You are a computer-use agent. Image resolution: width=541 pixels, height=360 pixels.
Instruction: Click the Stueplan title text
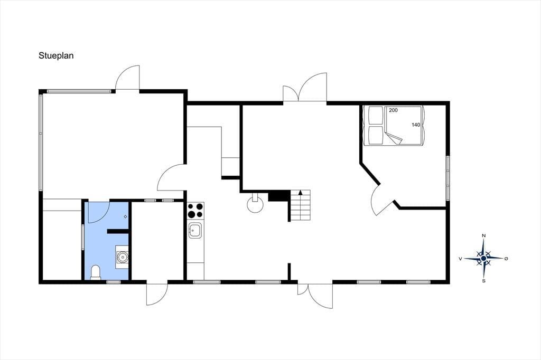coord(56,56)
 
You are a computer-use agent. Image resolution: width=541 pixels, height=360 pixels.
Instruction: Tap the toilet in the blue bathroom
coord(96,272)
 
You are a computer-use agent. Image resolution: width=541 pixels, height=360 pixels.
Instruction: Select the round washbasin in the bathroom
coord(123,257)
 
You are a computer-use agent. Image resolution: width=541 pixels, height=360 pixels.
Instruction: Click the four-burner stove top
coord(195,210)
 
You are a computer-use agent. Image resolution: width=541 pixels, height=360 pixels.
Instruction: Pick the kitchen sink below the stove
coord(195,230)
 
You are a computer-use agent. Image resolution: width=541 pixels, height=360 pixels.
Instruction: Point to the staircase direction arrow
coord(301,193)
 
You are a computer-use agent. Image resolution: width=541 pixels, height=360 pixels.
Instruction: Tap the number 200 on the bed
coord(393,110)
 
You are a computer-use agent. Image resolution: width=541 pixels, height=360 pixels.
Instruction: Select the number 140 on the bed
coord(416,125)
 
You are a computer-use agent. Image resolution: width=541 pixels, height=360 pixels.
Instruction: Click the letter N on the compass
coord(484,235)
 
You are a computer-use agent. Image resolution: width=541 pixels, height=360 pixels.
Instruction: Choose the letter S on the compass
coord(484,281)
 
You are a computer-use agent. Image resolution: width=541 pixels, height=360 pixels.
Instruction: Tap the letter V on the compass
coord(460,258)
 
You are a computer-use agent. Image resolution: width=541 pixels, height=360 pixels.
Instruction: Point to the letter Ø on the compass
coord(506,258)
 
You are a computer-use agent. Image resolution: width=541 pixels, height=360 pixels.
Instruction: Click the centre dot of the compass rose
coord(484,258)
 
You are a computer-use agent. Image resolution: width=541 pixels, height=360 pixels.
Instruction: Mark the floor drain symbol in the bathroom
coord(125,216)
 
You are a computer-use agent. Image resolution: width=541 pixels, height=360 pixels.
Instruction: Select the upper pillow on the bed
coord(376,116)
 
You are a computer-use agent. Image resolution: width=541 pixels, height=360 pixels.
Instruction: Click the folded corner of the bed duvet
coord(394,138)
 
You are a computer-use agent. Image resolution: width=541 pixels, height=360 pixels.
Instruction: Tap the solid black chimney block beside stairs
coord(278,195)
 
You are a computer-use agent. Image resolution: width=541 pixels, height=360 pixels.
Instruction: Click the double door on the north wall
coord(305,88)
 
